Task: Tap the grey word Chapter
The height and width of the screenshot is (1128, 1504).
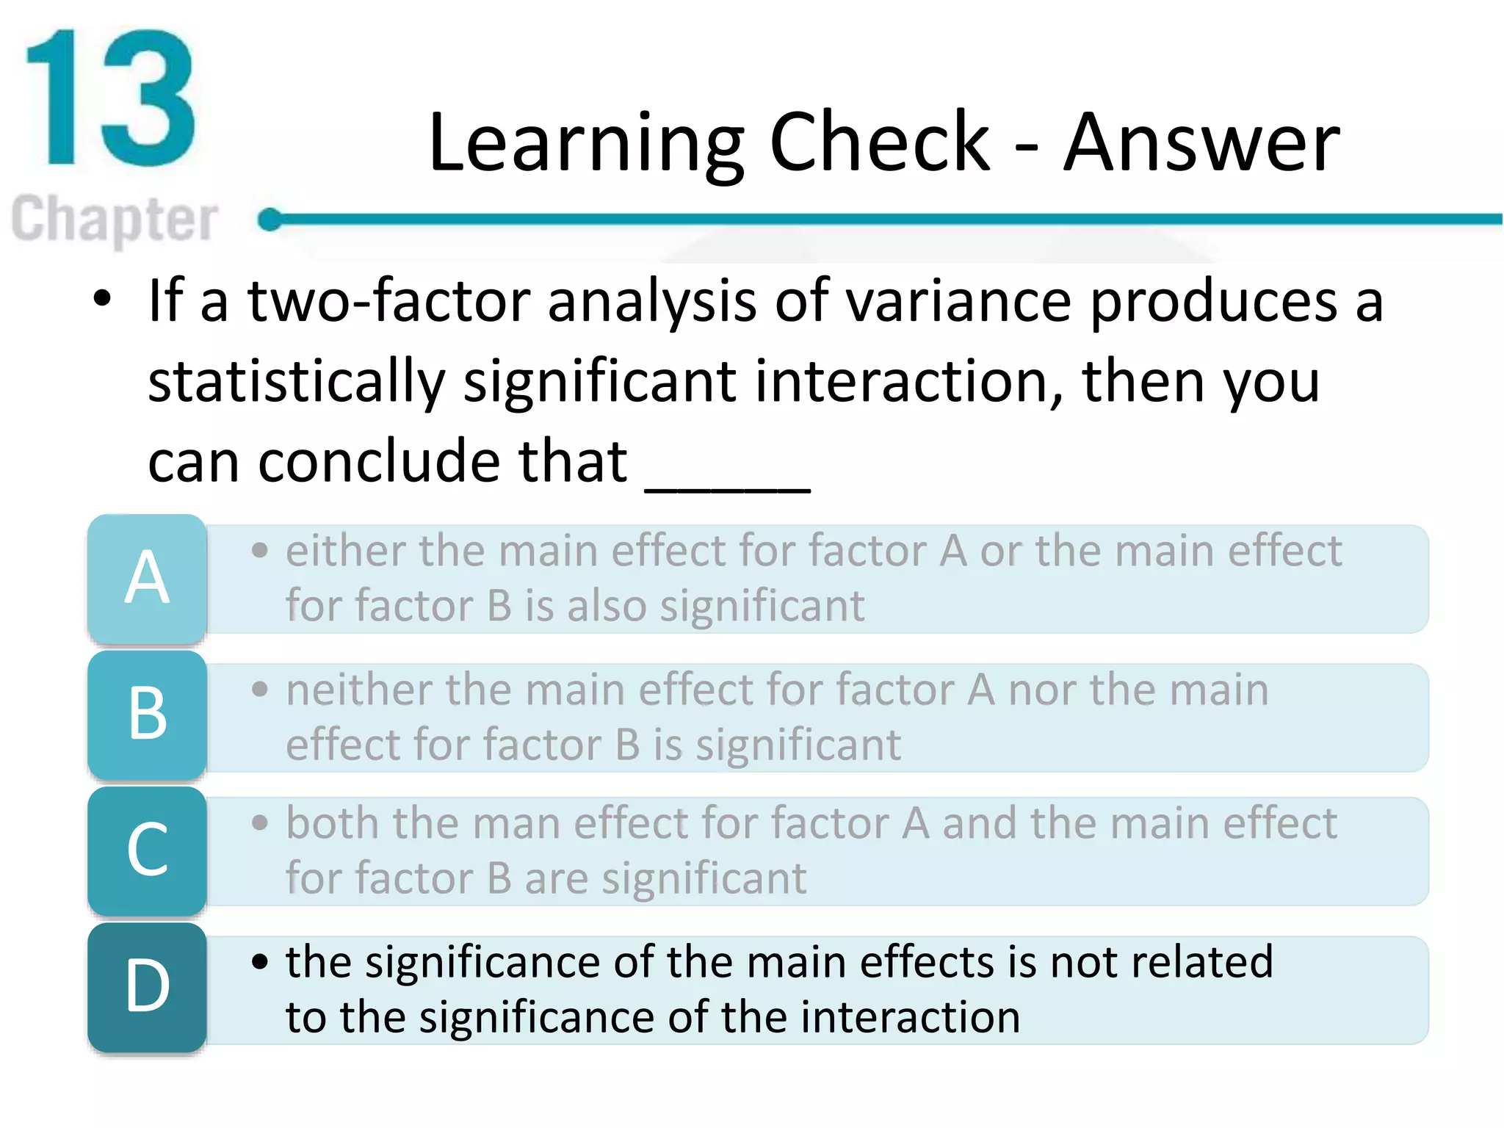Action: coord(115,218)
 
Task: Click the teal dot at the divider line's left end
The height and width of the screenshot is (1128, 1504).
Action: coord(270,219)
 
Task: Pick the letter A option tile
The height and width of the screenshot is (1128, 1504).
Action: coord(147,579)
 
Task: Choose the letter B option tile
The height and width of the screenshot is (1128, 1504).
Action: coord(147,715)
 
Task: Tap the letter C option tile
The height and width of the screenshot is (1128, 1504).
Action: coord(147,850)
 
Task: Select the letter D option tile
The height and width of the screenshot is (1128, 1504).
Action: coord(147,987)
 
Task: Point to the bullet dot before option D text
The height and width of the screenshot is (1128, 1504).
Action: coord(259,961)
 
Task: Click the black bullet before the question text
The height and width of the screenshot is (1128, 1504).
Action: coord(102,299)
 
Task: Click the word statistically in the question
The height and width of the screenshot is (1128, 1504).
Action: coord(296,382)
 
